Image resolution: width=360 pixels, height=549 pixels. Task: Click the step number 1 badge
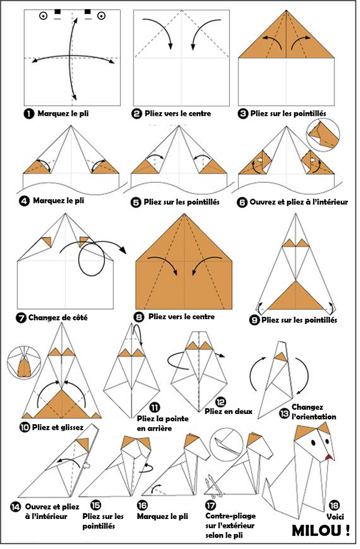[29, 114]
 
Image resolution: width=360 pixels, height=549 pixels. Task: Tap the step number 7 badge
[21, 318]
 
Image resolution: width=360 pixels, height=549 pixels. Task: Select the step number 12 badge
[221, 402]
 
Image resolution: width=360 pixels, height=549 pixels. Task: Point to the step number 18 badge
[334, 505]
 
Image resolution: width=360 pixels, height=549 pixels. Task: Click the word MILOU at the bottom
[317, 530]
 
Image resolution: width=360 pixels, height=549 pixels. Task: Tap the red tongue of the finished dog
[328, 457]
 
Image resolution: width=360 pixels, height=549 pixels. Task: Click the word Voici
[335, 517]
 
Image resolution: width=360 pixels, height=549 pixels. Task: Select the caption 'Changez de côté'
[58, 318]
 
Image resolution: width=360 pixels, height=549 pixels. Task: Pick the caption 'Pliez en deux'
[229, 412]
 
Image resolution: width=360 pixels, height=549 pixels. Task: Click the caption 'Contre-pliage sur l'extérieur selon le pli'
[230, 526]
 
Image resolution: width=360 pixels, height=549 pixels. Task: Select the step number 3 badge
[242, 114]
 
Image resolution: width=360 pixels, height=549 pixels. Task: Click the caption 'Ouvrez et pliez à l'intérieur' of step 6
[299, 202]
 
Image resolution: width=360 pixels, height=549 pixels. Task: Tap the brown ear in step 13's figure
[281, 357]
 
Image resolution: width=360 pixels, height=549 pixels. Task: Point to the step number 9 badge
[254, 320]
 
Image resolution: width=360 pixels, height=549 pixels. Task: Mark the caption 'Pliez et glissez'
[58, 428]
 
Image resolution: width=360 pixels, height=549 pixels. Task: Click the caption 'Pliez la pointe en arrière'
[163, 424]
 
